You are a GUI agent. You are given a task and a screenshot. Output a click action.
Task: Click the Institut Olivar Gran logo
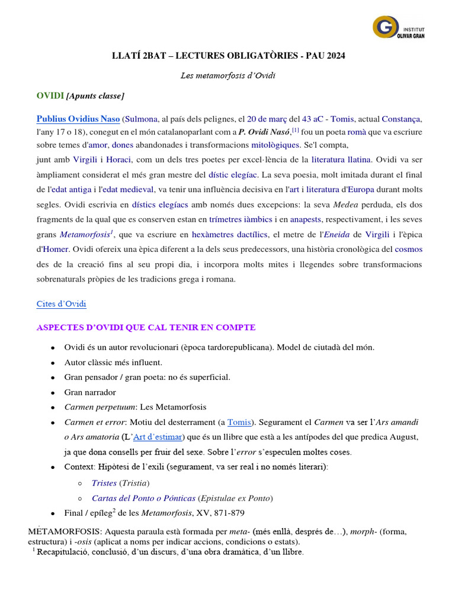pyautogui.click(x=399, y=27)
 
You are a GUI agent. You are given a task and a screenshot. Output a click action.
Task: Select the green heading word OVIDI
pyautogui.click(x=50, y=95)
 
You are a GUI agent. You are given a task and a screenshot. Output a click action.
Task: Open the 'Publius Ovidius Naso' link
pyautogui.click(x=78, y=118)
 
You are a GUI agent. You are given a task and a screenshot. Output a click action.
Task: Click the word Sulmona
pyautogui.click(x=142, y=118)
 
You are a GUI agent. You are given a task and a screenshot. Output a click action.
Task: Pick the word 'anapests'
pyautogui.click(x=305, y=219)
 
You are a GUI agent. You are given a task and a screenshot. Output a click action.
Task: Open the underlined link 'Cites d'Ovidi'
pyautogui.click(x=61, y=304)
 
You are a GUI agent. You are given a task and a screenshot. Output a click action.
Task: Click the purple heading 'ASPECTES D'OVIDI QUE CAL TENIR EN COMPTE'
pyautogui.click(x=146, y=327)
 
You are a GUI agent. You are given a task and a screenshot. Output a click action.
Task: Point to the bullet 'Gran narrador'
pyautogui.click(x=90, y=392)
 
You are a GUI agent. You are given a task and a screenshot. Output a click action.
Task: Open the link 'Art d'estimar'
pyautogui.click(x=159, y=437)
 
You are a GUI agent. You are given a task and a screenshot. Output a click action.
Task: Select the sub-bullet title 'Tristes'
pyautogui.click(x=104, y=483)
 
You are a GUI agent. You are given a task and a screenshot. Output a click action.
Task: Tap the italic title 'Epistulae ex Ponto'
pyautogui.click(x=236, y=498)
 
